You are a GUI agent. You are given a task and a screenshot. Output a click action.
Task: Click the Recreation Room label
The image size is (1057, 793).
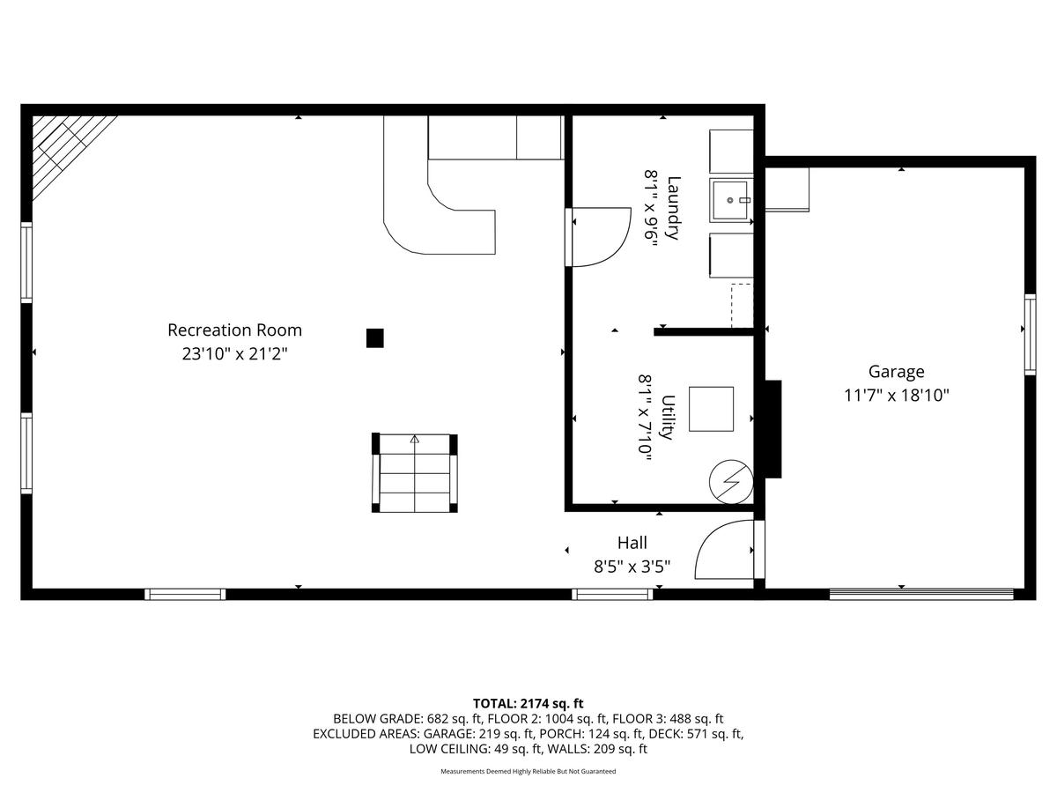[234, 330]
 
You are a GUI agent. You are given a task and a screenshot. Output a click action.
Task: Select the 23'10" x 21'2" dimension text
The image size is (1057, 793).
[234, 354]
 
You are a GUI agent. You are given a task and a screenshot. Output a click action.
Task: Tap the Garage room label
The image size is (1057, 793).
[896, 372]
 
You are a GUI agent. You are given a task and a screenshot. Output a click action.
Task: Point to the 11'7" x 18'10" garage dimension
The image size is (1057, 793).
[896, 396]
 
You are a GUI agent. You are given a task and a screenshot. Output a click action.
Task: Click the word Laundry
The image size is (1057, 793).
[674, 208]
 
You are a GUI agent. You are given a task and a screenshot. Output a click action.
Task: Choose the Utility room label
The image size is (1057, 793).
[668, 418]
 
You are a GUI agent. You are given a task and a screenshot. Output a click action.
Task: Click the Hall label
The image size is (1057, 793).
[632, 543]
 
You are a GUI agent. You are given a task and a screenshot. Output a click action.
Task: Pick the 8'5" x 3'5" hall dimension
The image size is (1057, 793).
[632, 567]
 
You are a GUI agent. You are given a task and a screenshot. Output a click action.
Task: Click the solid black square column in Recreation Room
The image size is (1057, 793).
[374, 338]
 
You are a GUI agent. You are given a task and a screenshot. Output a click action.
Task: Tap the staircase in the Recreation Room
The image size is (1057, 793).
[415, 473]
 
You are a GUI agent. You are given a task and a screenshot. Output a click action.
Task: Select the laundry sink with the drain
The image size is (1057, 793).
[731, 200]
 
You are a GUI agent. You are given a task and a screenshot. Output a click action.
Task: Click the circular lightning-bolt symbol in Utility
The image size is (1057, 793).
[731, 481]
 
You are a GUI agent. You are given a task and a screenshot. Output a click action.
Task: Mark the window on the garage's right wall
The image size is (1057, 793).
[1030, 335]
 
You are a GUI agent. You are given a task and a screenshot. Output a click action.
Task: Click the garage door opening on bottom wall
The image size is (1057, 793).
[921, 594]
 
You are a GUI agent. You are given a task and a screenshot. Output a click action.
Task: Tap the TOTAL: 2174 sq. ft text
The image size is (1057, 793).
[528, 703]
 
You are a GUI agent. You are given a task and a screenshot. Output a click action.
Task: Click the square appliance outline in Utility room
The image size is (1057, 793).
[711, 409]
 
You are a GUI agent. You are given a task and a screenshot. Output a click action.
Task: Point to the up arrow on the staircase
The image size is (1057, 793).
[415, 440]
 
